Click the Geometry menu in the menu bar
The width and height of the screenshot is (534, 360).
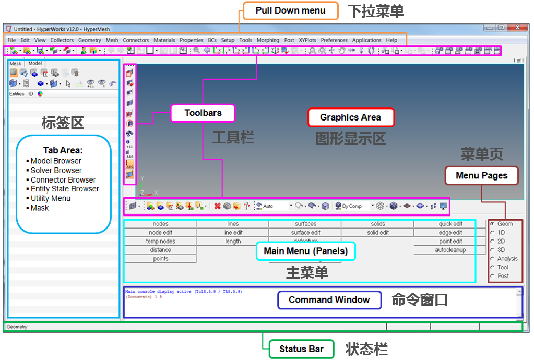pos(90,40)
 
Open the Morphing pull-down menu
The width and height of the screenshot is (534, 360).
pos(268,40)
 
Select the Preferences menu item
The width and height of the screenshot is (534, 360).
pos(334,40)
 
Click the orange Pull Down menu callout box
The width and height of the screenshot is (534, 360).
pos(291,11)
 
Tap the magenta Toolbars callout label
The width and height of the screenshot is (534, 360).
pos(203,113)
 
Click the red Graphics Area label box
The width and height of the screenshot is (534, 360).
pos(350,117)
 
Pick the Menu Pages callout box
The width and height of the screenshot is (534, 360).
pos(481,176)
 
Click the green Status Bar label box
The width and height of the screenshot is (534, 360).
pos(301,349)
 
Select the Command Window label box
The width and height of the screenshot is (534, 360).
pos(329,300)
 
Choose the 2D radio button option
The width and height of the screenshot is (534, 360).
pos(492,242)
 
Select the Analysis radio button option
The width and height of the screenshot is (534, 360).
pos(492,259)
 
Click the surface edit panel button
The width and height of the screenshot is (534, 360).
pos(305,233)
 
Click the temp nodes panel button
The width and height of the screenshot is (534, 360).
pos(160,242)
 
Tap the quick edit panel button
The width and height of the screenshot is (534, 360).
pos(450,224)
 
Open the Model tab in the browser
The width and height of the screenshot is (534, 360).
pos(35,63)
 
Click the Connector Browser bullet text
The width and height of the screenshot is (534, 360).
pos(63,180)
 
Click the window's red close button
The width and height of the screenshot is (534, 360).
pos(517,28)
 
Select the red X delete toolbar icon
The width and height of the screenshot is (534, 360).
pos(217,206)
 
